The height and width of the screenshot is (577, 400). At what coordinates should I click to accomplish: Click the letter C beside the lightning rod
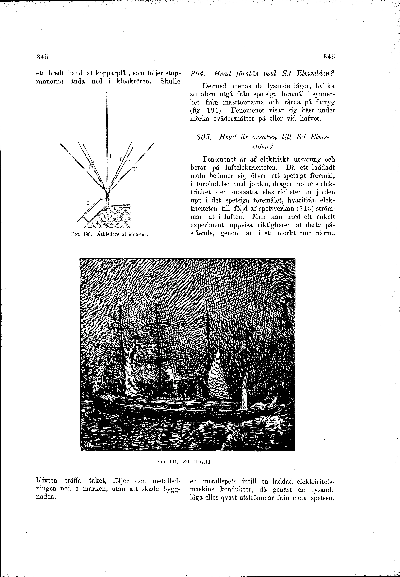click(88, 204)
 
